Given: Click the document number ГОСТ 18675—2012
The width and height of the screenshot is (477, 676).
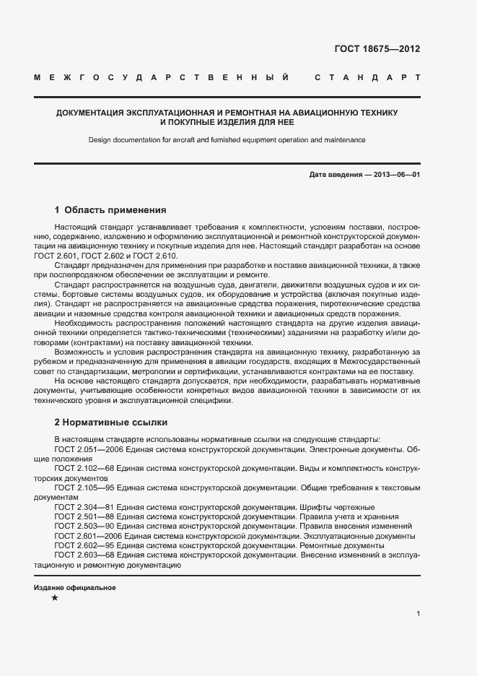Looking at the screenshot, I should (377, 49).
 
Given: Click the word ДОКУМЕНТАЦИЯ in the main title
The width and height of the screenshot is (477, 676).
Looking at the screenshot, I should (91, 113).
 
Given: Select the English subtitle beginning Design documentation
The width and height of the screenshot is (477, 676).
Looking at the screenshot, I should (227, 139).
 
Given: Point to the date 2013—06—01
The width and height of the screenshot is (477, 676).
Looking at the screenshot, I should (394, 175).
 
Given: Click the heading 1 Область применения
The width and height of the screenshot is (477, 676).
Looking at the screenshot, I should (110, 210).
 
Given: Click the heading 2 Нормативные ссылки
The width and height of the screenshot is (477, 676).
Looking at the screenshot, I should (110, 422).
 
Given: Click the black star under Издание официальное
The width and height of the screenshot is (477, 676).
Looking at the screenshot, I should (55, 598).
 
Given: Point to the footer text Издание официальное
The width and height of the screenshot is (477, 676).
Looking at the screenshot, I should (75, 588).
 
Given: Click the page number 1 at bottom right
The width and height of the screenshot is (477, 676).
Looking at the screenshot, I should (419, 613).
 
